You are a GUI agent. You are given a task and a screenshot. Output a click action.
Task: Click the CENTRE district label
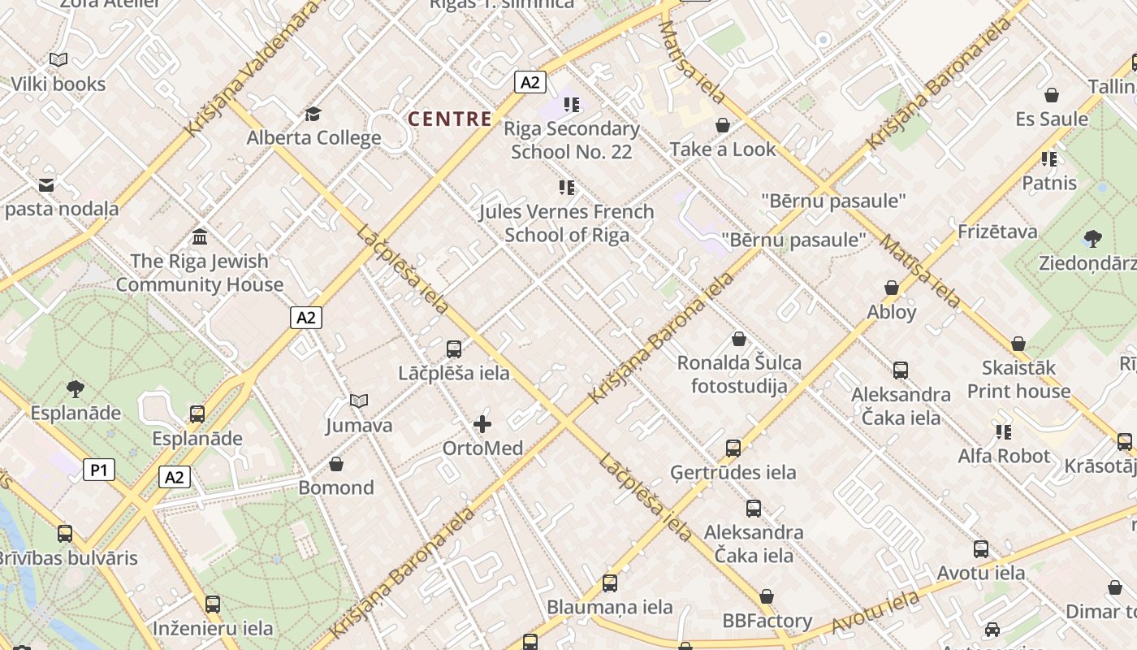point(450,119)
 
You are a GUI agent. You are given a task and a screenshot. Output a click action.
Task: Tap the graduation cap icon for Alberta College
point(313,114)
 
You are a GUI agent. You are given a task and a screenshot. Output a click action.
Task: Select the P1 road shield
point(98,469)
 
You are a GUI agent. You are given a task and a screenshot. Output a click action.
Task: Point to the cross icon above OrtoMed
point(482,424)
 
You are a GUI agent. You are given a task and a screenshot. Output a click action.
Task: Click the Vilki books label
point(58,84)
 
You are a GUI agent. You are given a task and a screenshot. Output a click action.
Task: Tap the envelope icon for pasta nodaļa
point(46,185)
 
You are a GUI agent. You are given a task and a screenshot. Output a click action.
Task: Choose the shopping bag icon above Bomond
point(336,464)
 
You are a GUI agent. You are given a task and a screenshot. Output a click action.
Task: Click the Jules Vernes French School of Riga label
point(566,223)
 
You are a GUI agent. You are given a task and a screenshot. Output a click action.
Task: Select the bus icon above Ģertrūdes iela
point(733,448)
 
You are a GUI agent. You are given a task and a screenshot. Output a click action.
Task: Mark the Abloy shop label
point(892,312)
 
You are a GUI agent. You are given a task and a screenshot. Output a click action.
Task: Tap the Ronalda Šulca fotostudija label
point(739,374)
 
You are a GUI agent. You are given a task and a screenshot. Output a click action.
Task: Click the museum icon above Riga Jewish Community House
point(200,237)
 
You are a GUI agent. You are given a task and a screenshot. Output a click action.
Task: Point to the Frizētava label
point(997,232)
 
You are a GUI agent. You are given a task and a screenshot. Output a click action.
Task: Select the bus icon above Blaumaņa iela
point(610,583)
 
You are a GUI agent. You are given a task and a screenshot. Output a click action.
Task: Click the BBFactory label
point(767,621)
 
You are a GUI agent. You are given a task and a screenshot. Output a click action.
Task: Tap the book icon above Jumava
point(359,401)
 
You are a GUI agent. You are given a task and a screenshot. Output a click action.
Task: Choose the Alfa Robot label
point(1004,456)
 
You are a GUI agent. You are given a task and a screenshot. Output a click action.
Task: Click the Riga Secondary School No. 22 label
point(572,140)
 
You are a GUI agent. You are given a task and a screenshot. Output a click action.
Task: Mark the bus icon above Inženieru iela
point(213,604)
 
